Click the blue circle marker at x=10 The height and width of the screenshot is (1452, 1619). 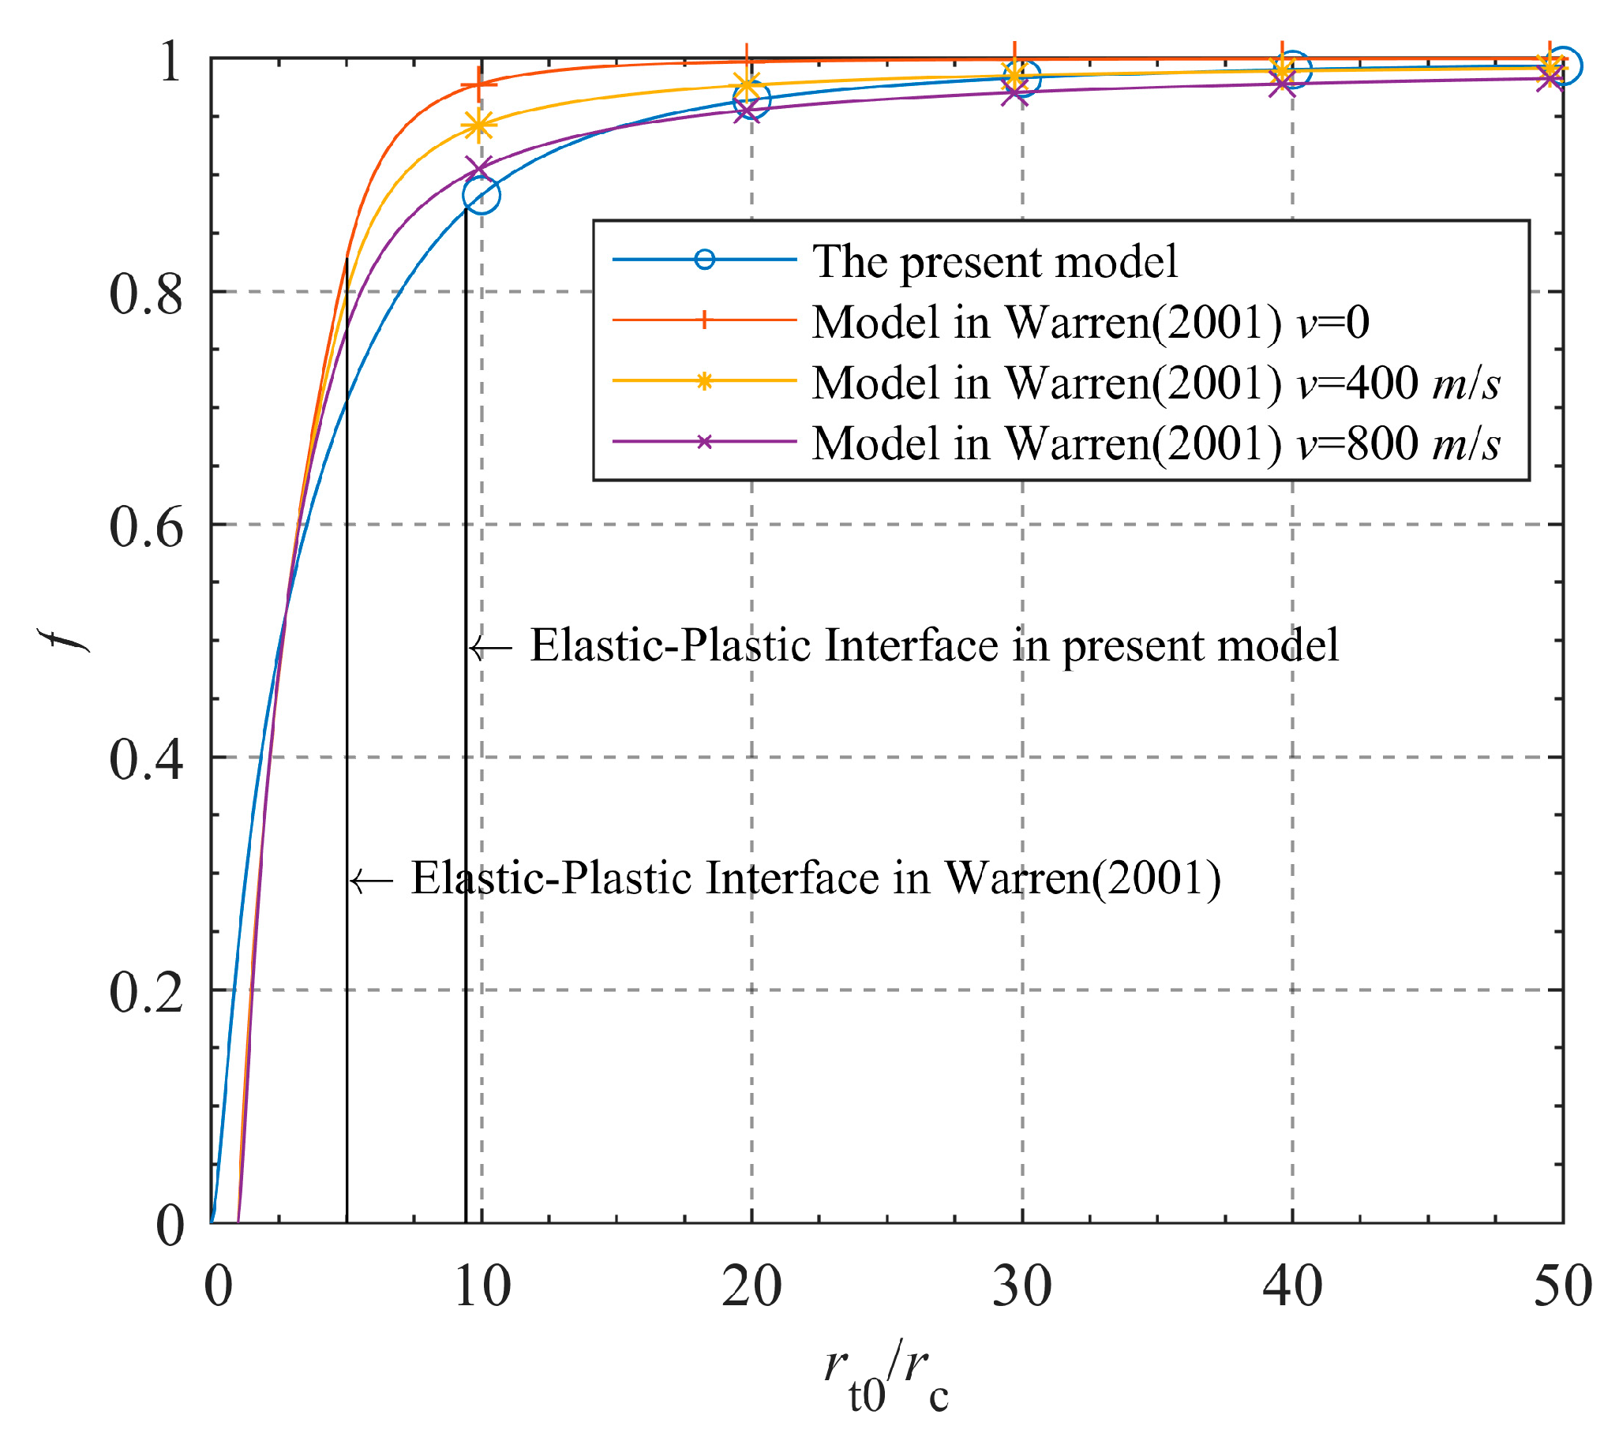482,195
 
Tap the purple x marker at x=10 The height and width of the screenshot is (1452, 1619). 479,169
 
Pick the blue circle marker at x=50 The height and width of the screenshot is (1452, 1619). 1562,65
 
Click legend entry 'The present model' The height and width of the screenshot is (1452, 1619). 993,261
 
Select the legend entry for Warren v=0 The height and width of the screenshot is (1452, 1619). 1090,321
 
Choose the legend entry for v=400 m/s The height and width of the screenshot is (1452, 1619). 1156,382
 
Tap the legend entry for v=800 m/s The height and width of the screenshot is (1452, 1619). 1156,443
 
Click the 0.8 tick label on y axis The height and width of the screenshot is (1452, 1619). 146,294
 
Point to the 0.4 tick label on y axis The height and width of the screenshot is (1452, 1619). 146,758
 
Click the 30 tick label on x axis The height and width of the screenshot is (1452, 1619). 1021,1286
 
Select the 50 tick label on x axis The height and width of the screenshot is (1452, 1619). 1562,1286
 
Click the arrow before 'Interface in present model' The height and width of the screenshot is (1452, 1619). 489,647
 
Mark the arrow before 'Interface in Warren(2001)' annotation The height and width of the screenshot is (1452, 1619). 371,881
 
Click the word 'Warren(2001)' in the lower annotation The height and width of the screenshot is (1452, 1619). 1082,879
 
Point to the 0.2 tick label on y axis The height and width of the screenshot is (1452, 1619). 146,993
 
